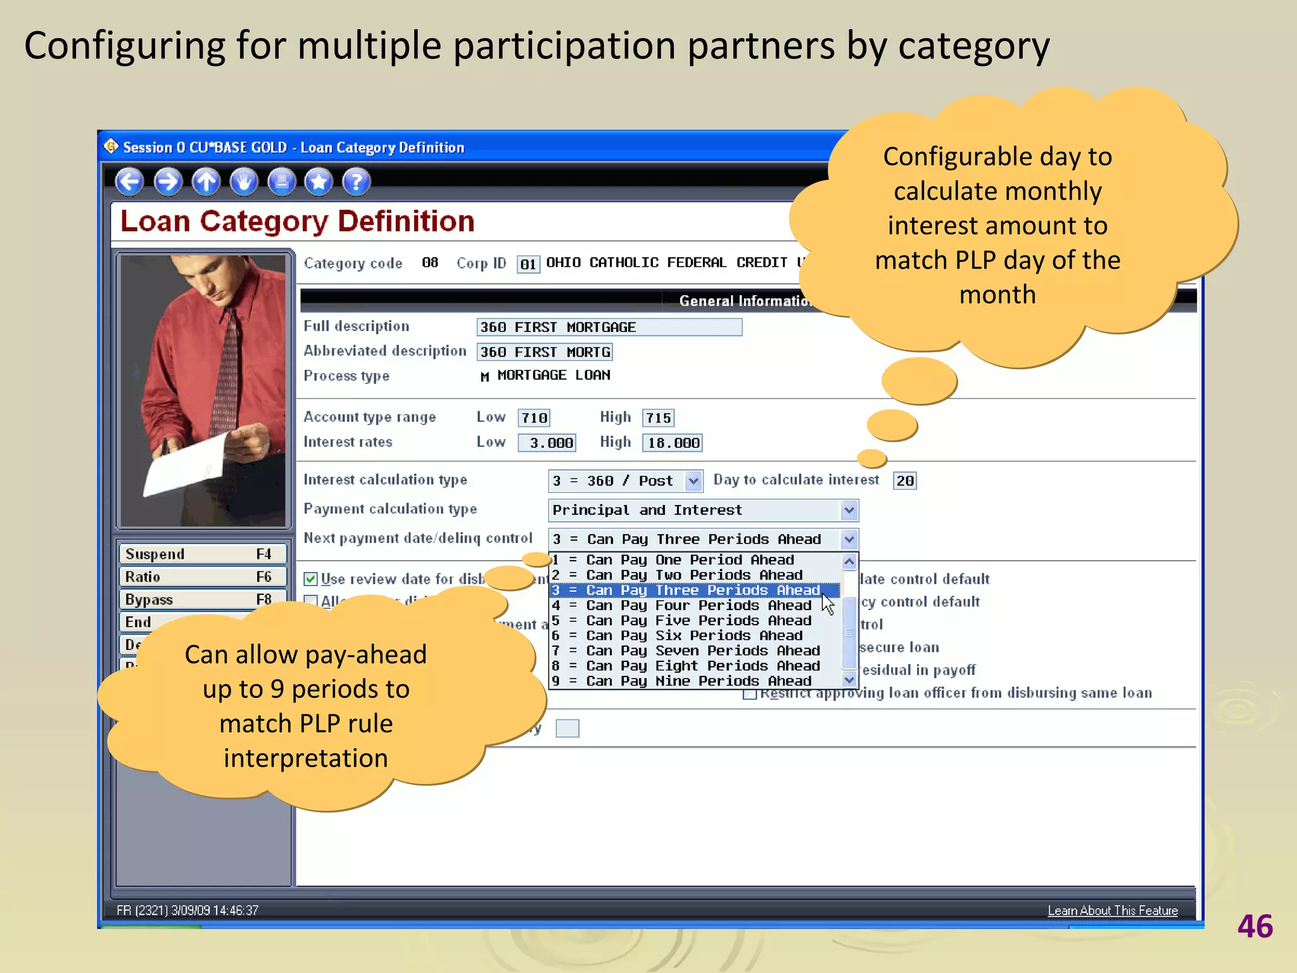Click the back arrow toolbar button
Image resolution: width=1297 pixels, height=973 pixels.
(x=129, y=182)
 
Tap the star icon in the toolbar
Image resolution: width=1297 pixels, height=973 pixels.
(x=319, y=182)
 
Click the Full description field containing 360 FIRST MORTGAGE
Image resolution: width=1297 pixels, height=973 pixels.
(x=609, y=328)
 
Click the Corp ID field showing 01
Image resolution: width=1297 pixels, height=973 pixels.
(x=528, y=264)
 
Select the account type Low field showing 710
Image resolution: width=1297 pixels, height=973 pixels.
(x=534, y=418)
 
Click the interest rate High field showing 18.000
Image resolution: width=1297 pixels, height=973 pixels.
(x=673, y=443)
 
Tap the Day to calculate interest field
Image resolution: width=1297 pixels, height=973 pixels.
(x=904, y=481)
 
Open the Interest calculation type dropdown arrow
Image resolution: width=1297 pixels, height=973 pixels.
(x=694, y=481)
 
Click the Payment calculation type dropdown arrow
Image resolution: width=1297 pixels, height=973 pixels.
(x=849, y=510)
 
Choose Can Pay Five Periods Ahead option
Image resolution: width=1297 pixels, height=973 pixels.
(x=697, y=621)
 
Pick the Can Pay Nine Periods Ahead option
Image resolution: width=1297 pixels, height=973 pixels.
(x=697, y=682)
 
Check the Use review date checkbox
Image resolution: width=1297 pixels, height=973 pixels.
(x=311, y=579)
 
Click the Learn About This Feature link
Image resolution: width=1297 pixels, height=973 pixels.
(x=1112, y=911)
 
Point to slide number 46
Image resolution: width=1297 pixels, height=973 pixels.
(x=1255, y=927)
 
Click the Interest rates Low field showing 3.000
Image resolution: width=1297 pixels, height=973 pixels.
(x=547, y=443)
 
